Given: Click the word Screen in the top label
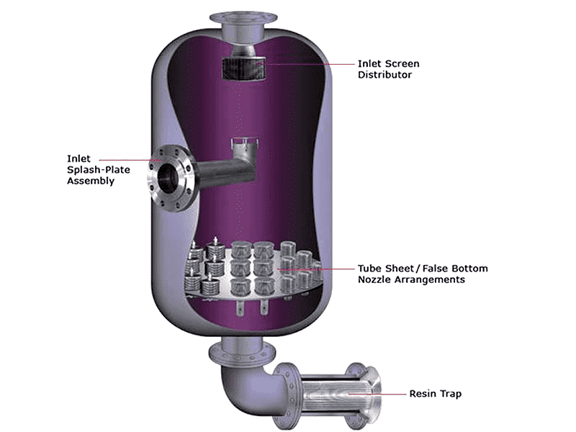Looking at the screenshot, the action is pos(403,63).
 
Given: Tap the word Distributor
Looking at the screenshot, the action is pos(384,75).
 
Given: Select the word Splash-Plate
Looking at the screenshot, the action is pos(99,170).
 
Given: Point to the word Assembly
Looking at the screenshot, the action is pos(91,181).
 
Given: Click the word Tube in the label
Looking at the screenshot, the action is pos(370,268).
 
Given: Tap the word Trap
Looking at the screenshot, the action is pos(451,394).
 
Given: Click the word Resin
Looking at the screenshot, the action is pos(423,393).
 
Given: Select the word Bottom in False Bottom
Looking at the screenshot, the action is pos(469,268).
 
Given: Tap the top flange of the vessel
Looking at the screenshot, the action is pos(243,19).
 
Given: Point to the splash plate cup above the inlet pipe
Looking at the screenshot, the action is pos(245,147).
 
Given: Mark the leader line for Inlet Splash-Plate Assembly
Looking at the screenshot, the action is pos(130,160).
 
